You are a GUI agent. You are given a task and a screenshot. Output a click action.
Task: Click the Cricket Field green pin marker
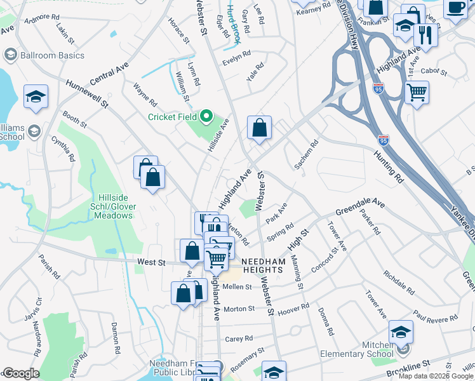206,116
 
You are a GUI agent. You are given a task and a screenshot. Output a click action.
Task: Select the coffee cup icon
455,8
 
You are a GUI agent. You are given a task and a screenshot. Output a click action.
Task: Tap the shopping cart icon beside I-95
417,93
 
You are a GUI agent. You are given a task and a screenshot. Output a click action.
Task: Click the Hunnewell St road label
88,92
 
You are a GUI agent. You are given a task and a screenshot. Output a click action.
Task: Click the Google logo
20,373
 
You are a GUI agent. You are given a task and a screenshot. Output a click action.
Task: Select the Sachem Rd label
305,155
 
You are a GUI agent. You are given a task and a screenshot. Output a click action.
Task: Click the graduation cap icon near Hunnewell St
36,97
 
